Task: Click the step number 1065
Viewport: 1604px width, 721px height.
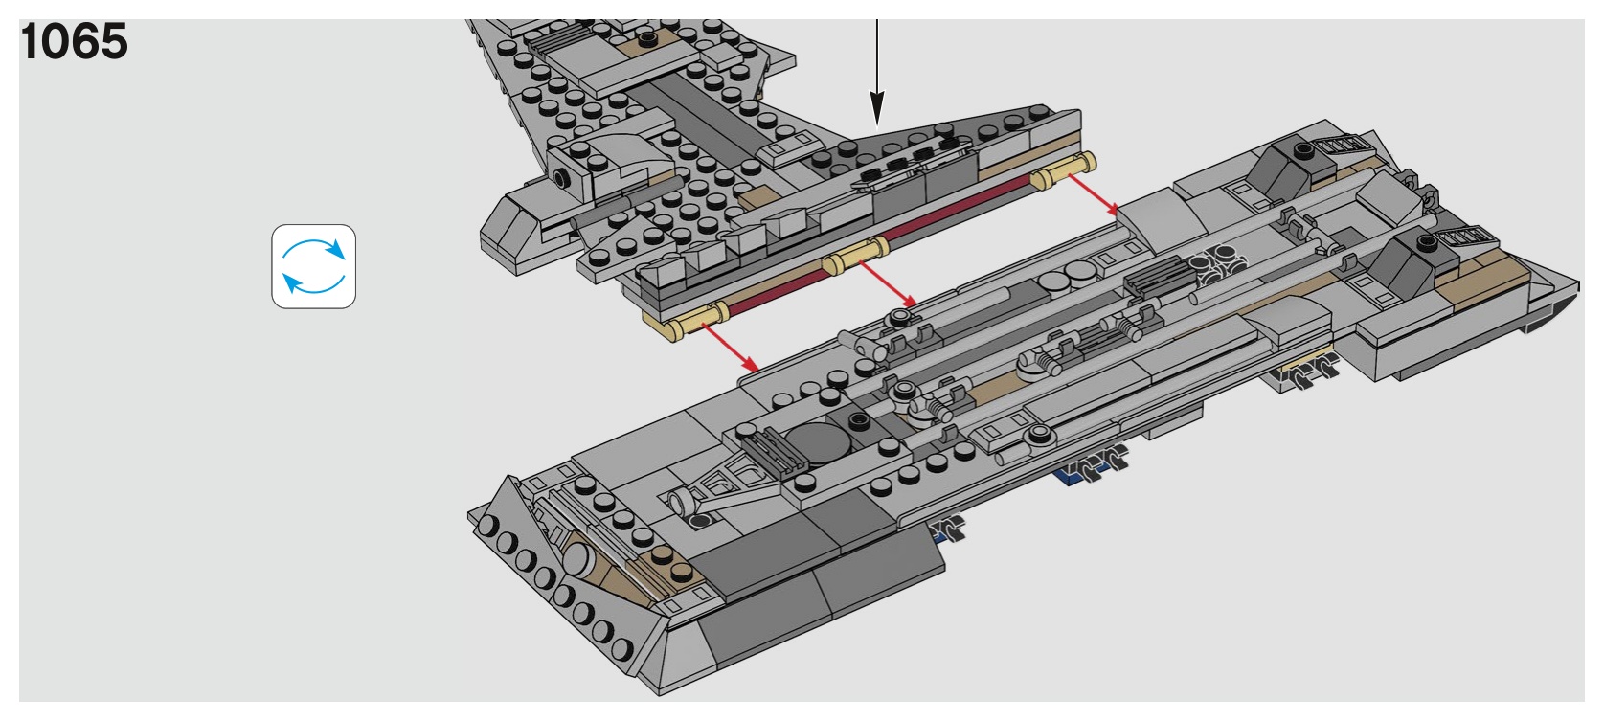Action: pos(74,41)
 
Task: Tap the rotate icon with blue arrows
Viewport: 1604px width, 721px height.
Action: pos(313,266)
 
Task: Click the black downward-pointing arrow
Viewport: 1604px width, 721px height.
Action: pos(876,67)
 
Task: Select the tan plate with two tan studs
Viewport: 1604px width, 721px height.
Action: pos(668,565)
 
